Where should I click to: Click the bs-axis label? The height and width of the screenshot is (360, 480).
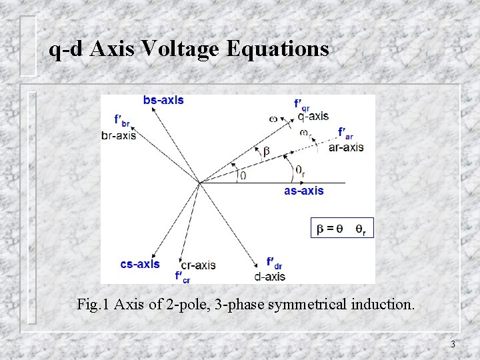tap(163, 101)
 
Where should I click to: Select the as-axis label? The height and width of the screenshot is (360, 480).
tap(304, 191)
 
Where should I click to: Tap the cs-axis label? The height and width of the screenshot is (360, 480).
tap(140, 264)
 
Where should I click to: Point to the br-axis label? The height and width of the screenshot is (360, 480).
tap(119, 135)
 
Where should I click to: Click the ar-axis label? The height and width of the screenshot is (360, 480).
tap(346, 147)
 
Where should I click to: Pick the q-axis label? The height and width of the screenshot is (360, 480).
tap(313, 116)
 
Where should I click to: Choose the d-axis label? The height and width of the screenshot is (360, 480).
tap(270, 276)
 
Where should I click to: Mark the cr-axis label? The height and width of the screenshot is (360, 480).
tap(198, 265)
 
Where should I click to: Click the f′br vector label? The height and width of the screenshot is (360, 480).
tap(122, 121)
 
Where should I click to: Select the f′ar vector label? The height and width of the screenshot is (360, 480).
tap(345, 133)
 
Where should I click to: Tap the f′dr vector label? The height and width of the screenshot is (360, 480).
tap(274, 263)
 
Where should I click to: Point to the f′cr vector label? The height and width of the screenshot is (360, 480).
tap(182, 276)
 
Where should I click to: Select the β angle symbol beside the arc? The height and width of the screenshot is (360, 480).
tap(267, 152)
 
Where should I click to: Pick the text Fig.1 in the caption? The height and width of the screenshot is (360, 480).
tap(93, 305)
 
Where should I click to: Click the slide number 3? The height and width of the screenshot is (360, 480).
tap(453, 345)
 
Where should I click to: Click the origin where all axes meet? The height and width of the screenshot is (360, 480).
tap(199, 182)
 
